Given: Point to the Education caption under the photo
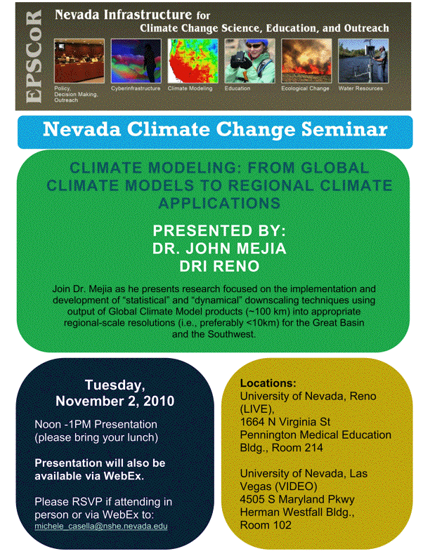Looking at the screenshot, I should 237,89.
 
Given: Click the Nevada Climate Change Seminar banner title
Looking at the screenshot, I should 214,131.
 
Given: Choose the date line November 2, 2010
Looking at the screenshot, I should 115,402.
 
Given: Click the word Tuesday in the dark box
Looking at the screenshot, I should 115,385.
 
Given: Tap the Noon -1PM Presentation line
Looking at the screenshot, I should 96,425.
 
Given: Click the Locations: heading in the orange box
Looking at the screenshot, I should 268,384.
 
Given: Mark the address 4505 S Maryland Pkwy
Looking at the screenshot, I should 297,499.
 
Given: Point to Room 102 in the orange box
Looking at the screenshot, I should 267,524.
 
